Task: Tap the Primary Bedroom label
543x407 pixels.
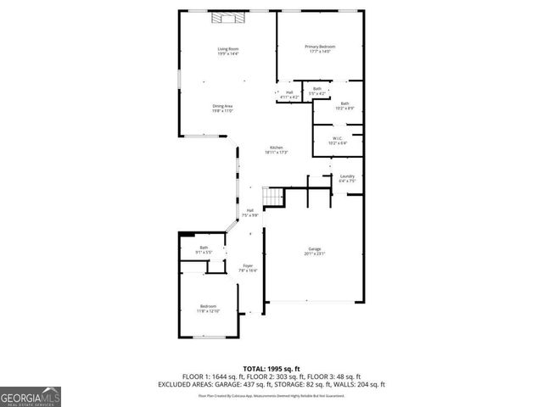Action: tap(320, 48)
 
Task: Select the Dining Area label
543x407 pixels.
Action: tap(222, 108)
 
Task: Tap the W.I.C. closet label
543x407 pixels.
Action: tap(337, 140)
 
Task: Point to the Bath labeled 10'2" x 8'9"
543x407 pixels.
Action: tap(344, 105)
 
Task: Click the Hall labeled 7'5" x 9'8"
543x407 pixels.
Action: tap(249, 213)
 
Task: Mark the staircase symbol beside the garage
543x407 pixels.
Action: tap(271, 197)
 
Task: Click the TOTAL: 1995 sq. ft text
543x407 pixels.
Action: tap(271, 368)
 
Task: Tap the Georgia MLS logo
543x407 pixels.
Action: tap(31, 396)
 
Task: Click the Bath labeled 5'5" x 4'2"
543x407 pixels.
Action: tap(316, 90)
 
